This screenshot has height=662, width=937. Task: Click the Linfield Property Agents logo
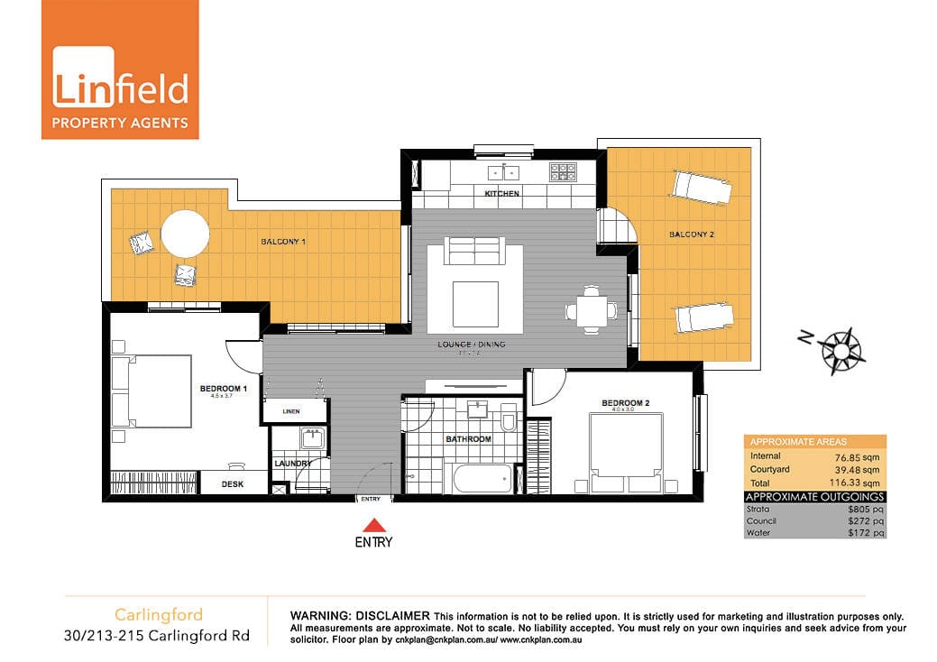point(120,69)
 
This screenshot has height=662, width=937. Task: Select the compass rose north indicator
point(841,347)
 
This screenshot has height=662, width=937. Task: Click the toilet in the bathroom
point(508,419)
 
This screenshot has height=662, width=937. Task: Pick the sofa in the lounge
point(476,252)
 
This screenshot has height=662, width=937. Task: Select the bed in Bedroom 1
point(152,391)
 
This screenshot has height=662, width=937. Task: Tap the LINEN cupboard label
point(291,412)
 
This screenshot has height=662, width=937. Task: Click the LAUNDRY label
point(293,464)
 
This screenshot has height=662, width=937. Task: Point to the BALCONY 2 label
point(692,234)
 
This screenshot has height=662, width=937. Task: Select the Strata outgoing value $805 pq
point(864,509)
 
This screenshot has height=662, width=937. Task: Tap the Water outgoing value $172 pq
point(864,533)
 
